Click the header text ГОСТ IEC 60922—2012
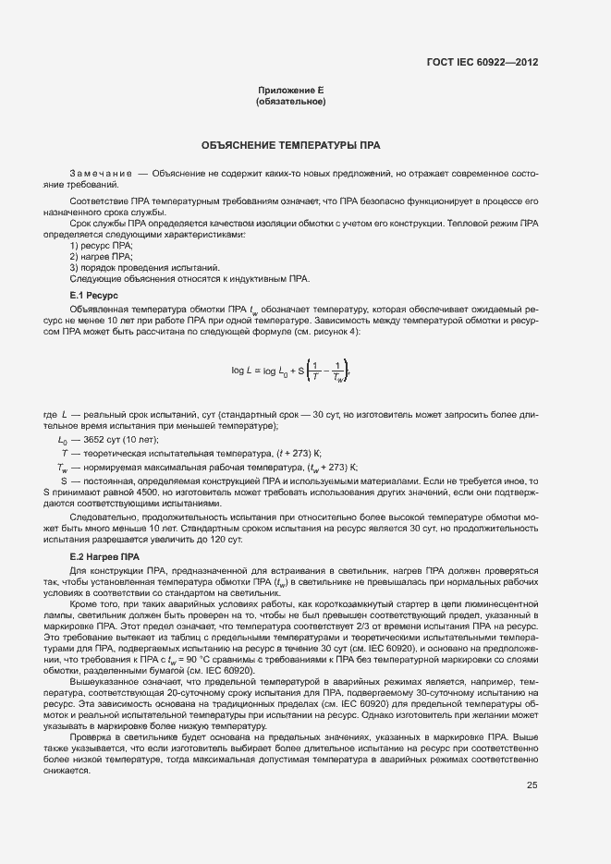coord(482,63)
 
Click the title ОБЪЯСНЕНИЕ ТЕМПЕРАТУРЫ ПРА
coord(291,146)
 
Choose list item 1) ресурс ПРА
coord(102,246)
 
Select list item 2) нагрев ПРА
coord(101,256)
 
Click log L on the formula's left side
coord(242,371)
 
